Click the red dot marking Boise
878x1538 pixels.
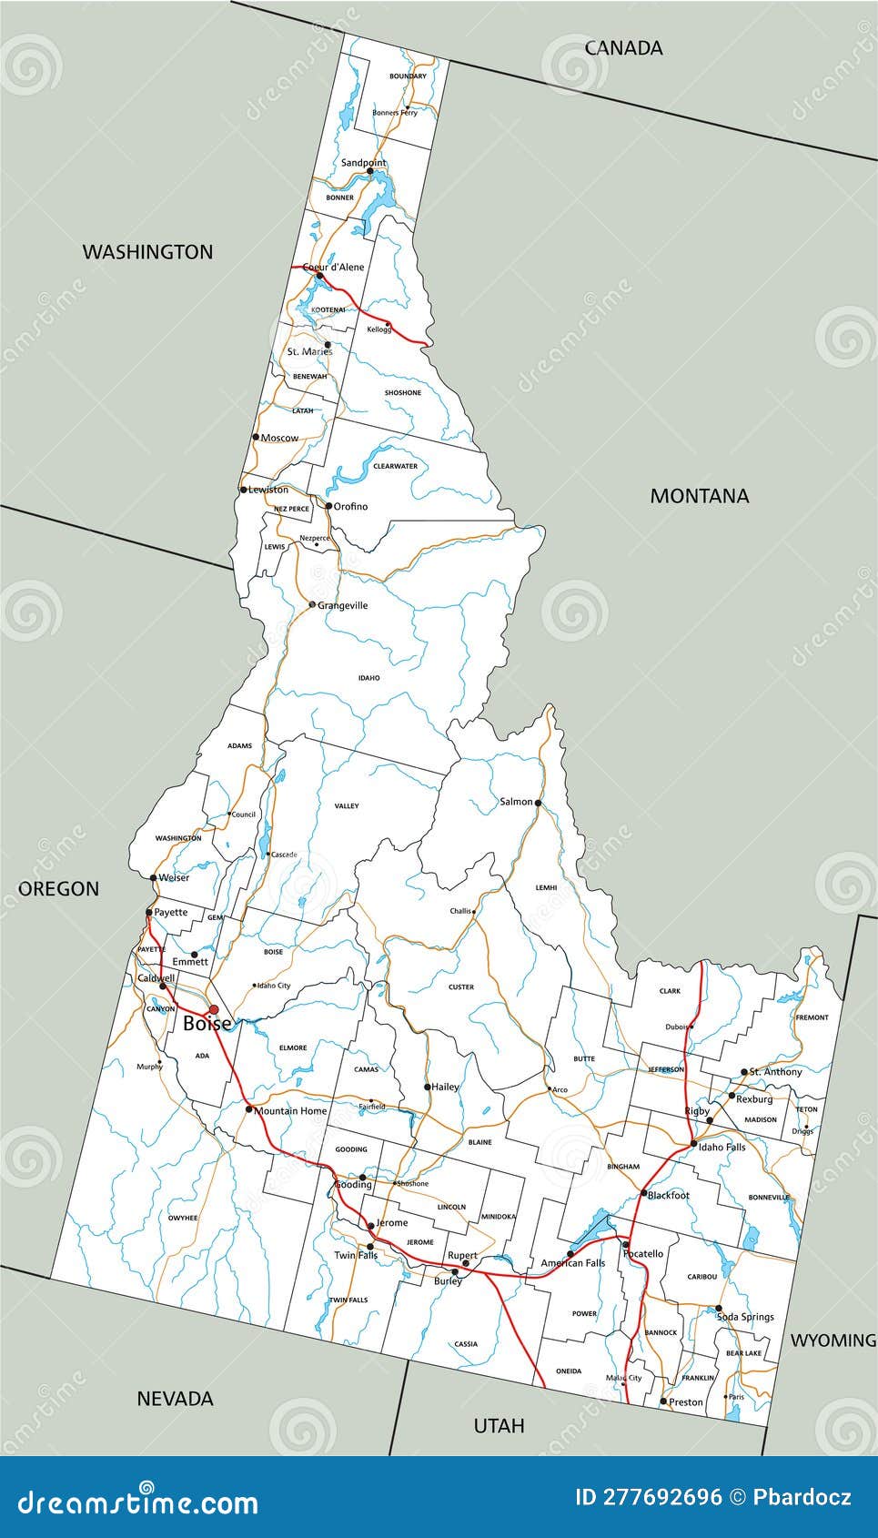pyautogui.click(x=214, y=1009)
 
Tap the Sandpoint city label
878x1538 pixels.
pyautogui.click(x=363, y=163)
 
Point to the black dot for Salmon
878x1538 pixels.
pyautogui.click(x=538, y=803)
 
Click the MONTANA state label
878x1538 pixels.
pyautogui.click(x=699, y=496)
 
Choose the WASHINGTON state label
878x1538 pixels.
pyautogui.click(x=147, y=252)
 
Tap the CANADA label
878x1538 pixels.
pyautogui.click(x=623, y=48)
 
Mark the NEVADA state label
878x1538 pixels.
pyautogui.click(x=175, y=1399)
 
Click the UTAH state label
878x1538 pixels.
pyautogui.click(x=499, y=1425)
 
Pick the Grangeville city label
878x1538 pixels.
pyautogui.click(x=343, y=605)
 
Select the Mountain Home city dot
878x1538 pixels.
pyautogui.click(x=248, y=1109)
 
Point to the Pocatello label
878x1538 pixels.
pyautogui.click(x=643, y=1253)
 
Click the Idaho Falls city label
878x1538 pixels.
pyautogui.click(x=722, y=1147)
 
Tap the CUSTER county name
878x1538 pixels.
pyautogui.click(x=461, y=987)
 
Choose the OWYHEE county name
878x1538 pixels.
pyautogui.click(x=183, y=1218)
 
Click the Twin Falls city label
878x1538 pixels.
pyautogui.click(x=356, y=1255)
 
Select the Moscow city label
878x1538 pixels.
pyautogui.click(x=279, y=438)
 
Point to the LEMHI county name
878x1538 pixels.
pyautogui.click(x=546, y=887)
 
